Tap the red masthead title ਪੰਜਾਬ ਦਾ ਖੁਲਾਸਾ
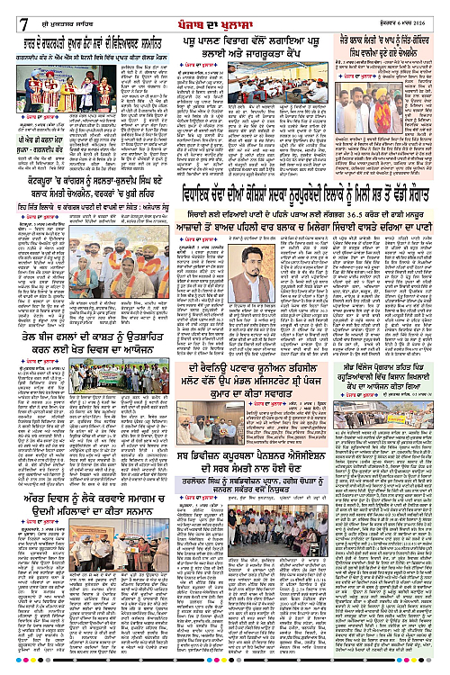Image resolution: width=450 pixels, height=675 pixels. [225, 12]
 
